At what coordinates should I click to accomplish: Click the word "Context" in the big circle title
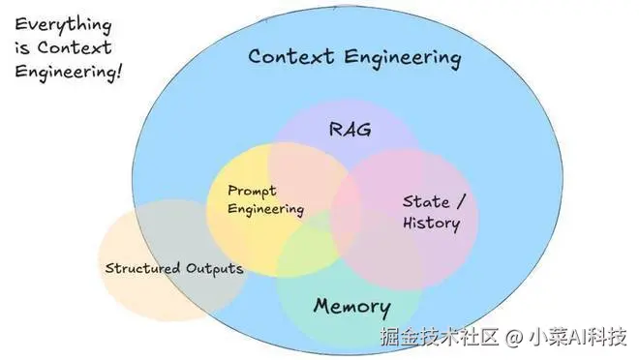pyautogui.click(x=288, y=56)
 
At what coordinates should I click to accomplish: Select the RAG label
pyautogui.click(x=349, y=130)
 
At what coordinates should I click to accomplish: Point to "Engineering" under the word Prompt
pyautogui.click(x=265, y=208)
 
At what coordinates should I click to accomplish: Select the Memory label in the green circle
pyautogui.click(x=351, y=308)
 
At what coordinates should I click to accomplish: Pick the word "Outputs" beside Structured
pyautogui.click(x=215, y=267)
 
